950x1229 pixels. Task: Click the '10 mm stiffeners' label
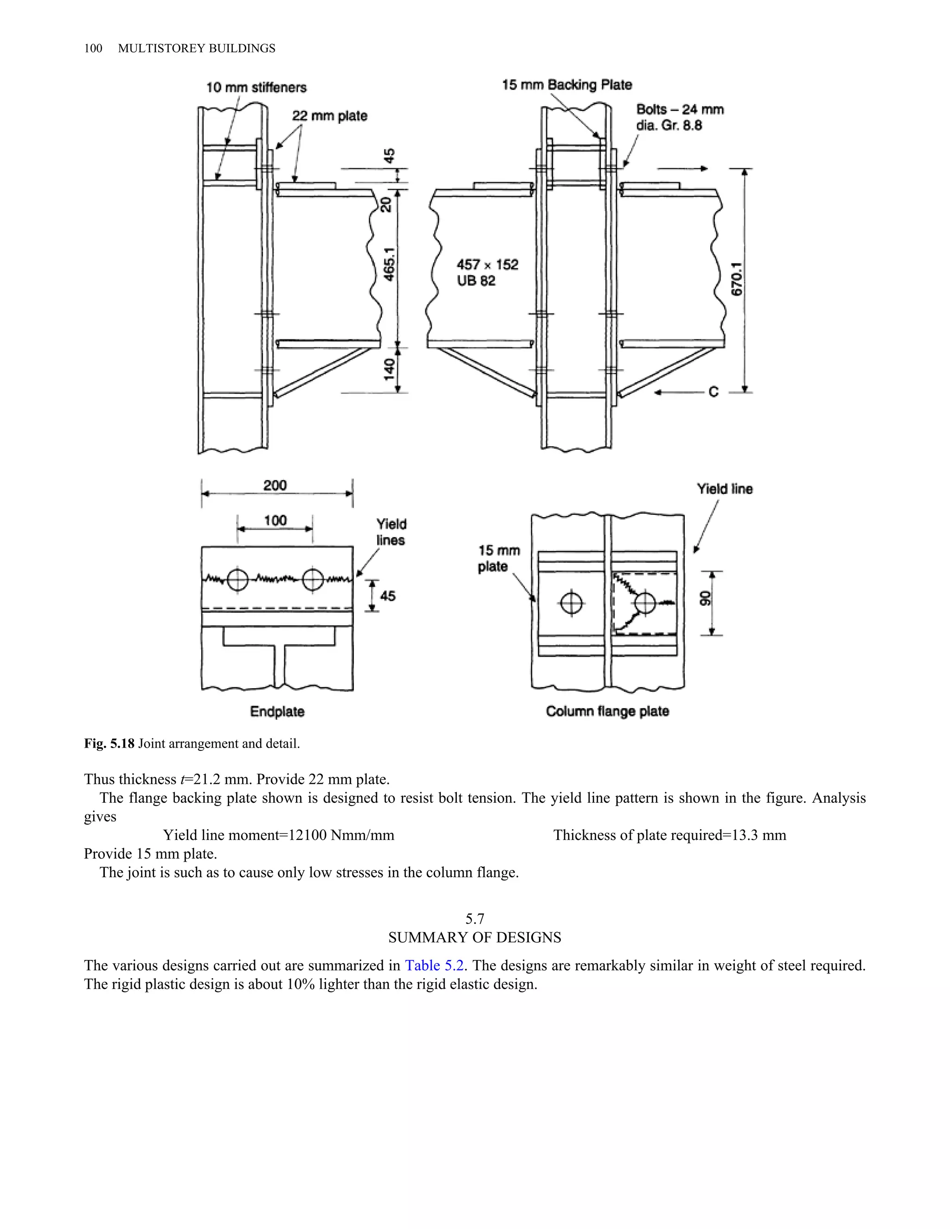coord(256,87)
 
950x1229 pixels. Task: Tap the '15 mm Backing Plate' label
coord(567,85)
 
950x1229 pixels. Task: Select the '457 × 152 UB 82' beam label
coord(488,272)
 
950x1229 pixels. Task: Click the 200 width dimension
coord(275,485)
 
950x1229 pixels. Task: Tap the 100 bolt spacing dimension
coord(275,520)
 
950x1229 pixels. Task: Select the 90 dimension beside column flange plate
coord(705,599)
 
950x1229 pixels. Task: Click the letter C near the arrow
coord(713,392)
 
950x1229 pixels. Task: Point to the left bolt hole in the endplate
coord(237,580)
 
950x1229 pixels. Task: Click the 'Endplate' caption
coord(277,711)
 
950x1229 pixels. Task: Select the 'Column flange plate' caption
coord(607,711)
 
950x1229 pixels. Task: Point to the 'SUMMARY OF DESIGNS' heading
coord(475,937)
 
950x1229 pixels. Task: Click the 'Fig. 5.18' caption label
coord(109,743)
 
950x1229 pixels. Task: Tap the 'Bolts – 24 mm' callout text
coord(680,110)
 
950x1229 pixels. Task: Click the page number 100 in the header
coord(93,48)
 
